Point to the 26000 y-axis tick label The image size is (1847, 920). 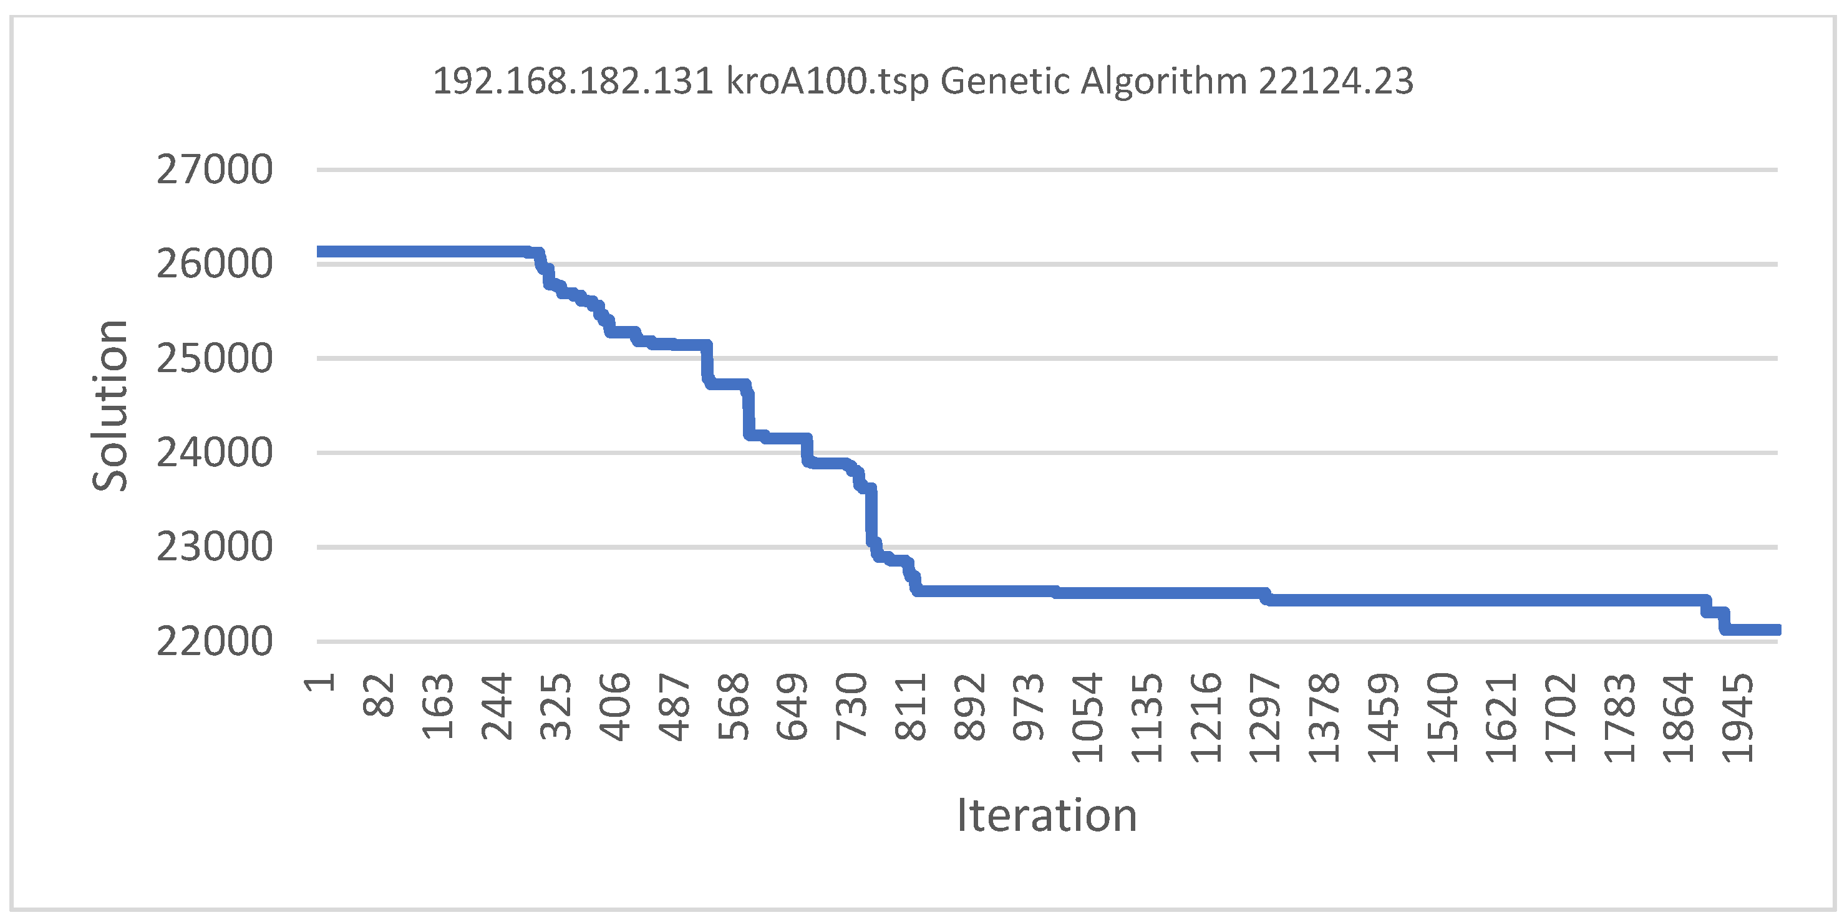click(x=215, y=264)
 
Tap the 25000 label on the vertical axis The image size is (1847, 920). click(x=215, y=359)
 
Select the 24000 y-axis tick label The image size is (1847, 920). click(x=215, y=453)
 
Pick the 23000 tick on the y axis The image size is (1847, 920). click(x=215, y=547)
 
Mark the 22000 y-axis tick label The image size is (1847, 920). click(x=215, y=641)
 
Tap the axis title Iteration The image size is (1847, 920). click(x=1047, y=815)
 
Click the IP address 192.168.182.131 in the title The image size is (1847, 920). click(x=574, y=80)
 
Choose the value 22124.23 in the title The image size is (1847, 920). click(x=1336, y=80)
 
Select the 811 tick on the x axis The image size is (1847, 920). click(x=911, y=706)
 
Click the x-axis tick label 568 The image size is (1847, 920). click(x=734, y=706)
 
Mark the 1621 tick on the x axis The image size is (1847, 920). click(x=1501, y=717)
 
